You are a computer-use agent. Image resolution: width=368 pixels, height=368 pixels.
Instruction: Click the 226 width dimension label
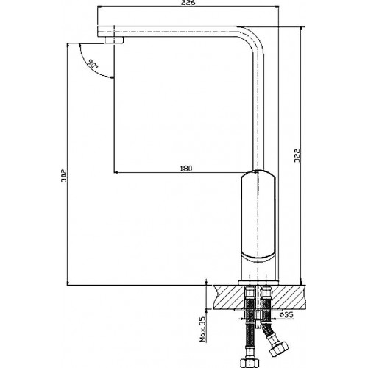click(189, 3)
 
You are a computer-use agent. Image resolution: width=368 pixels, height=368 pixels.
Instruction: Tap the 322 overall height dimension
click(297, 155)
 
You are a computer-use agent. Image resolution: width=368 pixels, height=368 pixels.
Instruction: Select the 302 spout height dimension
click(64, 176)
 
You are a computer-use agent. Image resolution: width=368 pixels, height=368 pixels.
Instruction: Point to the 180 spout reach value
click(186, 169)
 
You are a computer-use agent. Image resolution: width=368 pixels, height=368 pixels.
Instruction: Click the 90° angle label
click(93, 64)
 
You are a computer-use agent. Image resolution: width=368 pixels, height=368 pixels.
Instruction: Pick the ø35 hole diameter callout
click(286, 314)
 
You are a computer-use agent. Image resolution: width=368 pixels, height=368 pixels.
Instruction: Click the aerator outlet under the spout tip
click(114, 40)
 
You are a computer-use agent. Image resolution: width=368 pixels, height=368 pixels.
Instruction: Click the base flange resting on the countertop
click(258, 282)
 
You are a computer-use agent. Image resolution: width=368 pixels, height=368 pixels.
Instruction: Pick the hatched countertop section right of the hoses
click(289, 297)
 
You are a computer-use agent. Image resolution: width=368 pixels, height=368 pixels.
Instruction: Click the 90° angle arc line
click(89, 68)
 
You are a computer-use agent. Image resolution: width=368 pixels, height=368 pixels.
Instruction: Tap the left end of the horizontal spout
click(98, 32)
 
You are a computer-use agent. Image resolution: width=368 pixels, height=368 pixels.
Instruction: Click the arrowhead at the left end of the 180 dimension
click(116, 173)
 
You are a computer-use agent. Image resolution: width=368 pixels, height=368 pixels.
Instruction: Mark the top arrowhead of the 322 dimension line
click(301, 29)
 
